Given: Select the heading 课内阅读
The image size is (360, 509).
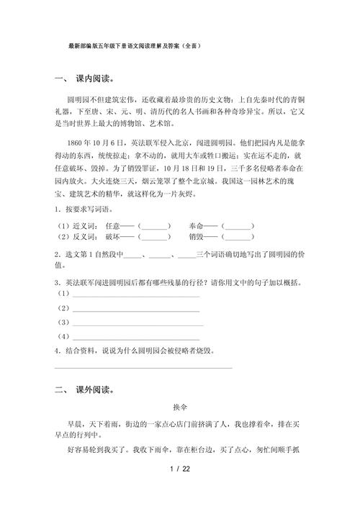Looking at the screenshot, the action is pyautogui.click(x=98, y=78).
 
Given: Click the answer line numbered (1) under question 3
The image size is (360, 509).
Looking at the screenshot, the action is pyautogui.click(x=136, y=296).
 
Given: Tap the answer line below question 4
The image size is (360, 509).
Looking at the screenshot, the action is pyautogui.click(x=144, y=368).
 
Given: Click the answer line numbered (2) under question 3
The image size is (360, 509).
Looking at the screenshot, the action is pyautogui.click(x=136, y=310).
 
